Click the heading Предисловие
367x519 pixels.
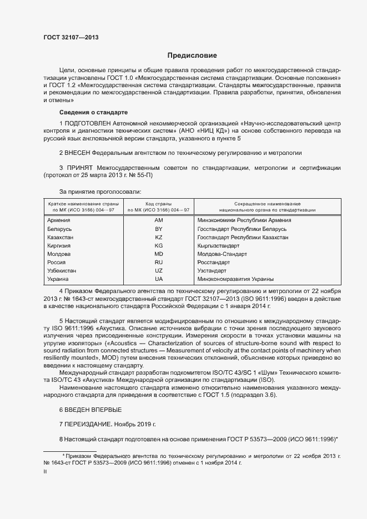tap(193, 56)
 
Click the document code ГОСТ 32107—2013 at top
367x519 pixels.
tap(72, 37)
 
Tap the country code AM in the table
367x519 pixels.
tap(158, 220)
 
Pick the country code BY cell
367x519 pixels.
tap(158, 229)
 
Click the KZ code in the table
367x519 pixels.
tap(158, 237)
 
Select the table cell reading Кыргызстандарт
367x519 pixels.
tap(218, 245)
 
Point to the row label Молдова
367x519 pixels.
tap(59, 254)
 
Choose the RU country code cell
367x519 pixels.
tap(158, 262)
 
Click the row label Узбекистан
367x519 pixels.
tap(62, 270)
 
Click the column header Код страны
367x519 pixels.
tap(158, 204)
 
